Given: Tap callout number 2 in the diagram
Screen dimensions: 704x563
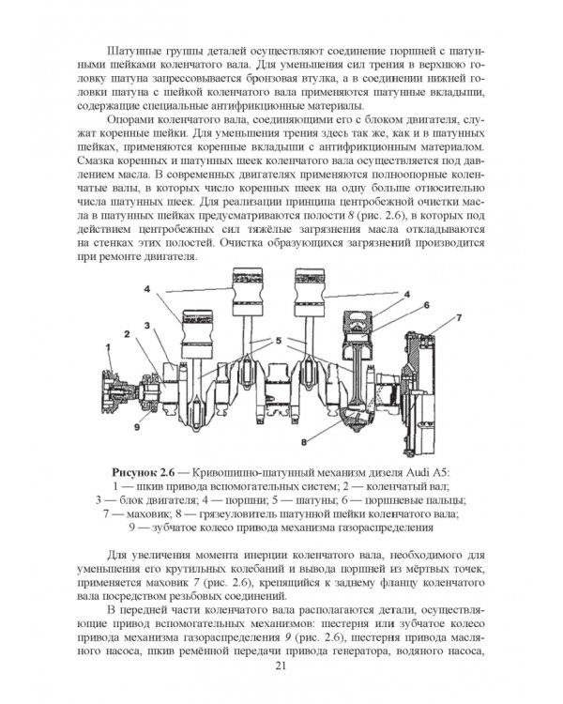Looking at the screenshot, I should (125, 333).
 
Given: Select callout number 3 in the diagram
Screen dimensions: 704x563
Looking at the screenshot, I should (147, 324).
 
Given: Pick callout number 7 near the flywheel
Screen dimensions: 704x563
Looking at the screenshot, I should (459, 320).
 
